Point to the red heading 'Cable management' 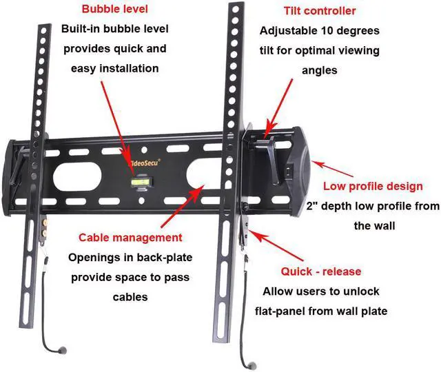tap(130, 238)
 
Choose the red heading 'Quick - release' tap(320, 271)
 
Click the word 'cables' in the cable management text tap(130, 298)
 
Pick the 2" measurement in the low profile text tap(311, 206)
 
